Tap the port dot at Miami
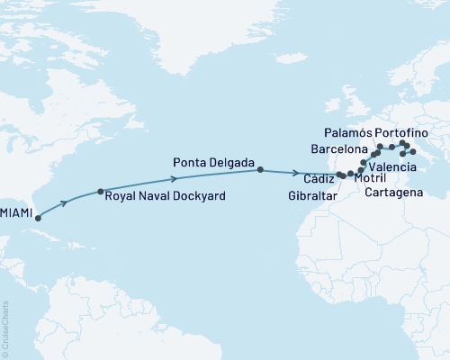coord(37,218)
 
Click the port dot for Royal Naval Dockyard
coord(101,192)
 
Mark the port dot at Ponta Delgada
coord(260,169)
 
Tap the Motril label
coord(372,179)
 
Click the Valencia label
coord(392,167)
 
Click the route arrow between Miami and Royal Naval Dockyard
coord(67,202)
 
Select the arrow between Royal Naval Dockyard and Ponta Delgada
coord(186,178)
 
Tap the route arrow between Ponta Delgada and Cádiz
coord(297,172)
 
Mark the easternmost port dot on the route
coord(412,152)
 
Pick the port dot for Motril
coord(350,173)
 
